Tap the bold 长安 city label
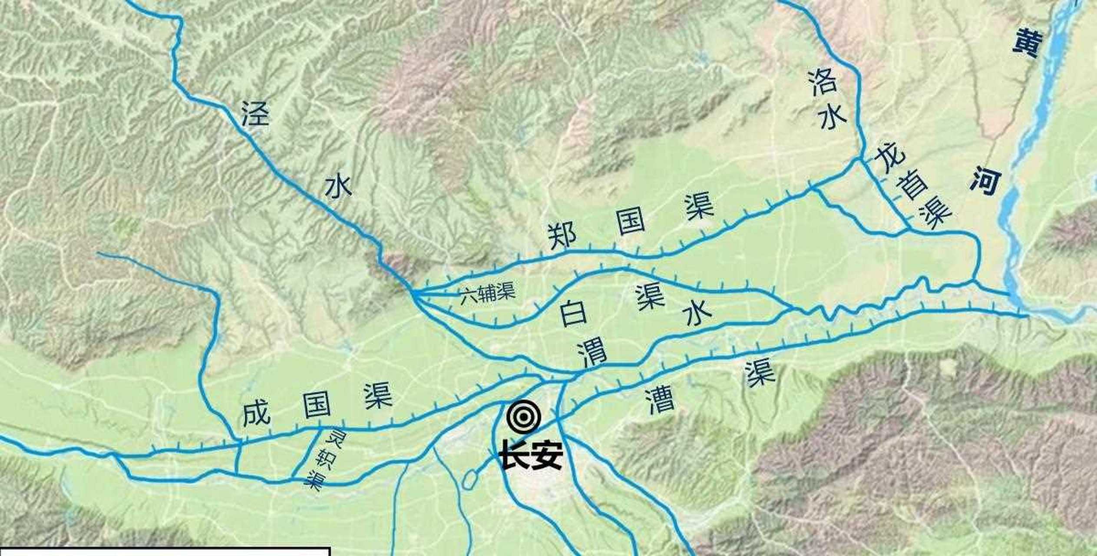531,455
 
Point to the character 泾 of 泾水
255,114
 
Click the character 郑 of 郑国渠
562,235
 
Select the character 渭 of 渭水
591,354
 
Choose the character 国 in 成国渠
317,406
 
